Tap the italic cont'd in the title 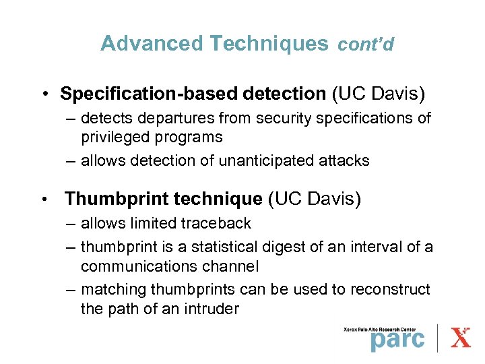click(365, 44)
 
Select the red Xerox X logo click(460, 337)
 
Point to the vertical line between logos click(439, 338)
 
